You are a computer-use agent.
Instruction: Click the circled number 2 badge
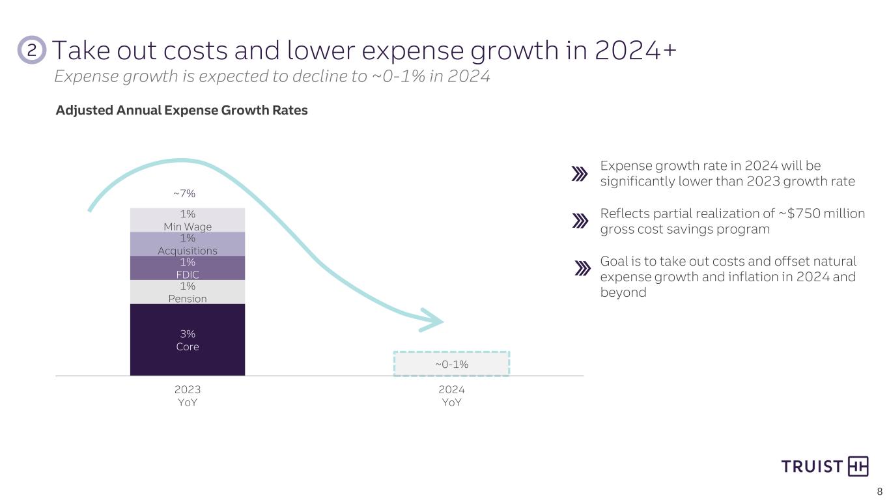pos(31,50)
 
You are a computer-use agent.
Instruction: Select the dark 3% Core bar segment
pos(188,340)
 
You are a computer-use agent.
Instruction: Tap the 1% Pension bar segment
pos(188,292)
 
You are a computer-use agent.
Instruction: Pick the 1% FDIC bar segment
pos(188,268)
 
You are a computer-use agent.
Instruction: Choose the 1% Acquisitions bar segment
pos(188,243)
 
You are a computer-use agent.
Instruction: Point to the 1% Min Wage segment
pos(188,219)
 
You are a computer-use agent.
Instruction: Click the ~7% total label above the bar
pos(184,193)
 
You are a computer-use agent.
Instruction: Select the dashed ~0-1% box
pos(451,364)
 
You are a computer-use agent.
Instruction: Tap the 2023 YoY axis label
pos(188,396)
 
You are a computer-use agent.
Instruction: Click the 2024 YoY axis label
pos(451,396)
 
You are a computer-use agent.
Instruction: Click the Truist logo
pos(825,466)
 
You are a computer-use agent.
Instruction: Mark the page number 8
pos(879,492)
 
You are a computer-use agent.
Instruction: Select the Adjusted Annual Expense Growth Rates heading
pos(182,111)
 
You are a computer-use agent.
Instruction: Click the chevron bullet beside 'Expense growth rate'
pos(579,174)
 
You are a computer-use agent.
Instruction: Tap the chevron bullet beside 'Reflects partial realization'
pos(579,221)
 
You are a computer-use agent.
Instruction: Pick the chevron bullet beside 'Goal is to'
pos(582,268)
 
